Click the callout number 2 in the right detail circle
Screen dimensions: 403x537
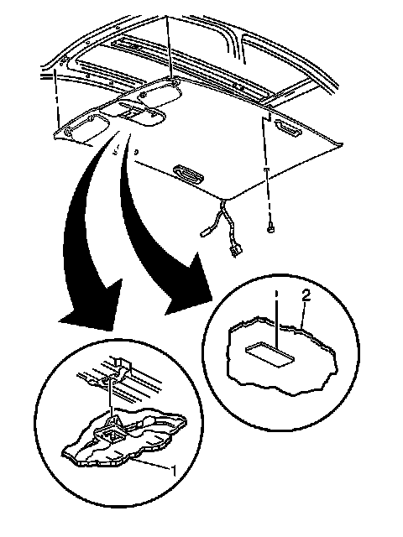pyautogui.click(x=306, y=295)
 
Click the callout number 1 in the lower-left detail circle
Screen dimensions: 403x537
pyautogui.click(x=174, y=471)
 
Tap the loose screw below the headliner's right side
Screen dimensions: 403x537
pyautogui.click(x=270, y=227)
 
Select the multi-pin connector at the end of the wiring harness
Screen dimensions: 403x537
pyautogui.click(x=234, y=253)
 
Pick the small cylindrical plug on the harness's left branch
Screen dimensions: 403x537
pyautogui.click(x=205, y=232)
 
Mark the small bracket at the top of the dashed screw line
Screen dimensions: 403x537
pyautogui.click(x=268, y=119)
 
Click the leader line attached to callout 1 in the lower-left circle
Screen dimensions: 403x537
pyautogui.click(x=153, y=463)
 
